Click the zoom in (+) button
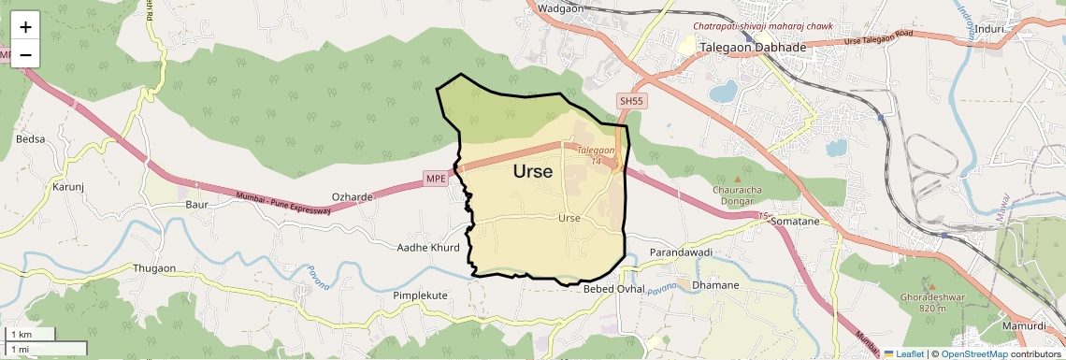(x=25, y=26)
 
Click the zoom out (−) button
(x=25, y=54)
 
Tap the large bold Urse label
(x=533, y=172)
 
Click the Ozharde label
(x=353, y=197)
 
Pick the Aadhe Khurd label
(x=428, y=248)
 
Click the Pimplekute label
(x=420, y=295)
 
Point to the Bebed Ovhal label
(x=614, y=289)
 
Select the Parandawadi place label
(x=681, y=253)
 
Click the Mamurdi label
(x=1024, y=326)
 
